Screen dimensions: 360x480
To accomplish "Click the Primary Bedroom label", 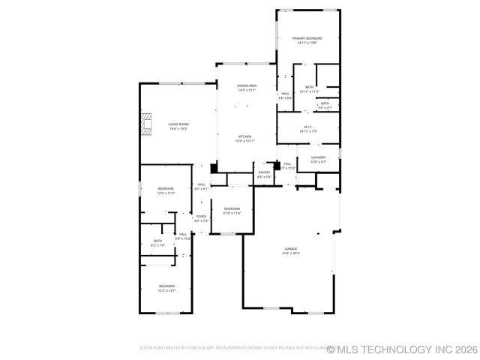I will click(x=308, y=38).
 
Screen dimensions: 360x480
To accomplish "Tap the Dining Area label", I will click(x=247, y=86).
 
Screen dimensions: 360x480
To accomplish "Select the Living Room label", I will click(x=178, y=124).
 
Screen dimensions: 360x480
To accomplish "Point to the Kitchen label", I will click(x=245, y=136).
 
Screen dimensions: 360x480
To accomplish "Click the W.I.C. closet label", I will click(x=308, y=127).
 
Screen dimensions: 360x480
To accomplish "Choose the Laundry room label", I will click(x=318, y=157).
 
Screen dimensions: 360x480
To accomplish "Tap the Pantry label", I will click(x=264, y=172).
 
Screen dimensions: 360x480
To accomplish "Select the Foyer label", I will click(x=201, y=217).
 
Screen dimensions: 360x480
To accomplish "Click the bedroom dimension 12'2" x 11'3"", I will click(x=166, y=193).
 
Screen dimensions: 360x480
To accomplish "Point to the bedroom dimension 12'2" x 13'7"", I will click(x=166, y=291).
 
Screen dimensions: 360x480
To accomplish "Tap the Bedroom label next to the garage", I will click(x=232, y=208).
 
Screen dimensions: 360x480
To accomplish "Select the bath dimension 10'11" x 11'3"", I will click(x=309, y=91).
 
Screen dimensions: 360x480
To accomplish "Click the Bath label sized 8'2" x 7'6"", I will click(x=157, y=241).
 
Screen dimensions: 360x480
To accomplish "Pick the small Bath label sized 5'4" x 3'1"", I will click(x=325, y=103).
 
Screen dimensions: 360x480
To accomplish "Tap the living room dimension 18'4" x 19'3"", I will click(x=178, y=128).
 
